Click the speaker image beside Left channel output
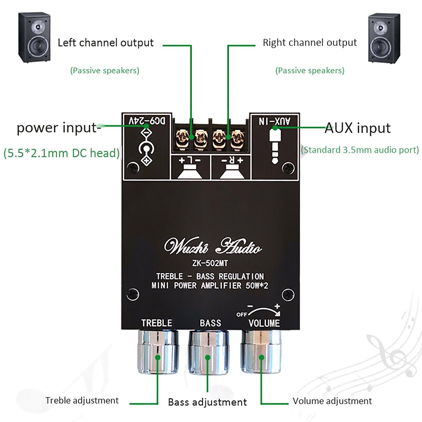34,37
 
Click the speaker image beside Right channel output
384,38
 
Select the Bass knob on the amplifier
208,352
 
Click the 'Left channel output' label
105,43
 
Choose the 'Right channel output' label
310,43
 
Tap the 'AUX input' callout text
357,128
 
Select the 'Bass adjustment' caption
207,402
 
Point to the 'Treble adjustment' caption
82,400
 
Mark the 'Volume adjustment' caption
332,401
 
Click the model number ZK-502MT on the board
210,263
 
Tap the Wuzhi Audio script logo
213,246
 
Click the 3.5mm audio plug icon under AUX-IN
275,146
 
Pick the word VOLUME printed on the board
264,323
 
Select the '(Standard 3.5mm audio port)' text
360,150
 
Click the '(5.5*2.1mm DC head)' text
61,153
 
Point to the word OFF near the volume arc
241,314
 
